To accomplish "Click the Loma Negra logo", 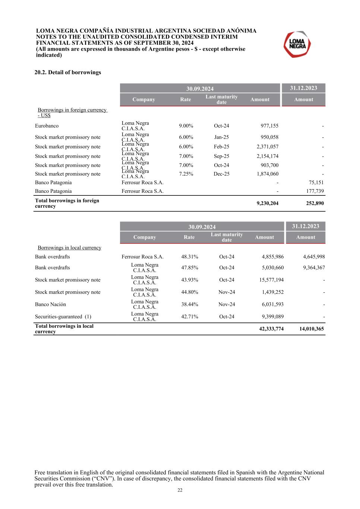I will (x=297, y=44).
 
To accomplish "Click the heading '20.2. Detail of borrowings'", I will (x=68, y=72).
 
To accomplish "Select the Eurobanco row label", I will (x=47, y=126).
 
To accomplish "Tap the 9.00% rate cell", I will (x=186, y=126).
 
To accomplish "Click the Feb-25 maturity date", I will (x=221, y=147).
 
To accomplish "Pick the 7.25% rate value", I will (x=186, y=174).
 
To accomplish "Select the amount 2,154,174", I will (x=267, y=156).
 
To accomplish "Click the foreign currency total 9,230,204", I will (x=267, y=204).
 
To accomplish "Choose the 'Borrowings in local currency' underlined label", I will (x=69, y=248).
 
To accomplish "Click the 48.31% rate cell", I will (x=190, y=257).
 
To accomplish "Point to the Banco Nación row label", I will (x=50, y=305).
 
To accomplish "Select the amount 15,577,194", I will (x=271, y=280).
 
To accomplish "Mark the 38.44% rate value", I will (x=190, y=305).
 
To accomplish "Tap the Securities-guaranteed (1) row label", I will (x=63, y=317).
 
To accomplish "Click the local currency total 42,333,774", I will (x=271, y=329).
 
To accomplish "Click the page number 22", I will (x=180, y=490).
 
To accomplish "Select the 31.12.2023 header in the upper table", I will (x=303, y=88).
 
